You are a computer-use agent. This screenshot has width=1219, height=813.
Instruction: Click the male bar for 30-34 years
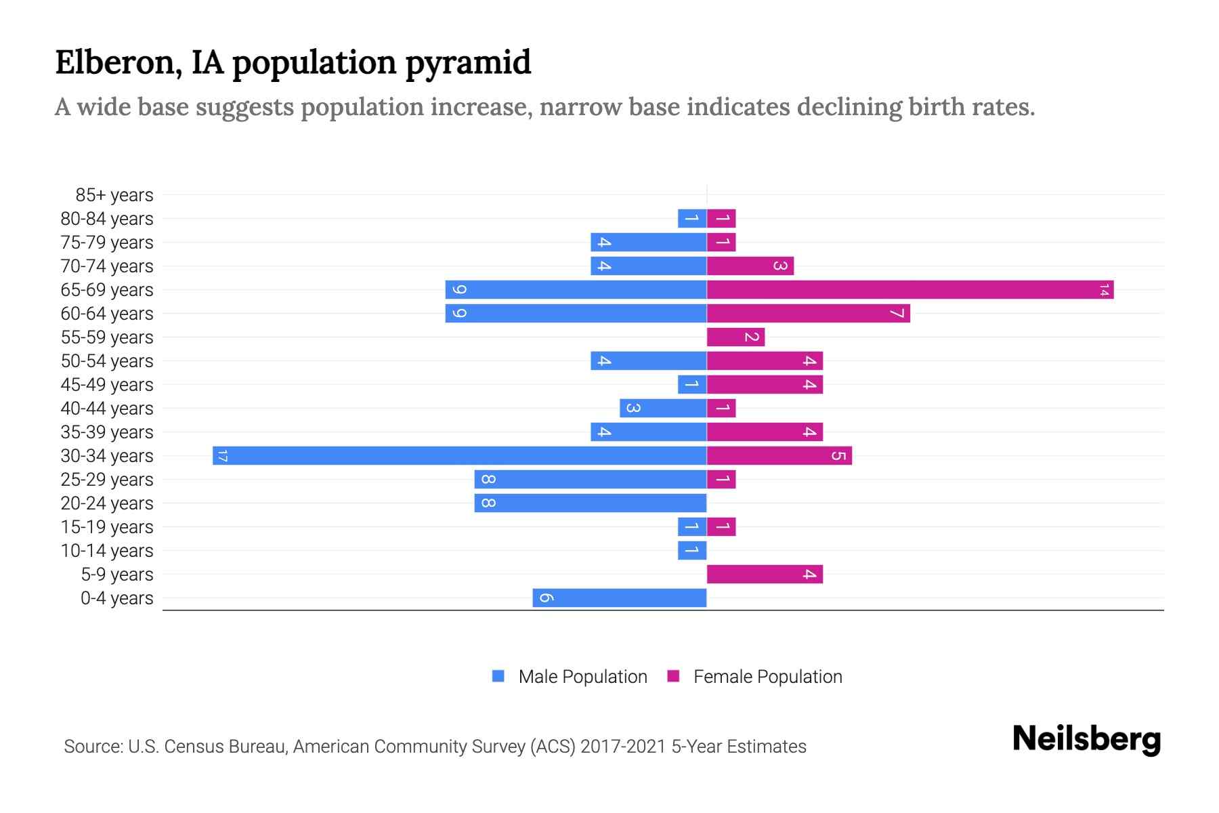[459, 455]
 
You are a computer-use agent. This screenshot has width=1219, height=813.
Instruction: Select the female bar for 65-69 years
[910, 290]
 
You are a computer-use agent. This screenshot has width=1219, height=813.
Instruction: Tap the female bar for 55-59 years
[735, 337]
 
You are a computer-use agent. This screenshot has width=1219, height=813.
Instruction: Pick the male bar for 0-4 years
[619, 598]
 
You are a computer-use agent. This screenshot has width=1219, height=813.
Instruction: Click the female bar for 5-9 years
[765, 575]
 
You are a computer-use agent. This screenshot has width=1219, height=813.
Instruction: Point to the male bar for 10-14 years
[692, 551]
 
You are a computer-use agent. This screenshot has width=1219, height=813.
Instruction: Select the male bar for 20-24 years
[590, 503]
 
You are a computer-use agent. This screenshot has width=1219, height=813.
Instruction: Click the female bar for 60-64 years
[808, 314]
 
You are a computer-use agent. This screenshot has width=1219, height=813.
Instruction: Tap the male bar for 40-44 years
[663, 409]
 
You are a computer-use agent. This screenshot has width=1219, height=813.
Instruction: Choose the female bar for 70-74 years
[750, 266]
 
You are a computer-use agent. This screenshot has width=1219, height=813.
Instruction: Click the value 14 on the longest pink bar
[1104, 291]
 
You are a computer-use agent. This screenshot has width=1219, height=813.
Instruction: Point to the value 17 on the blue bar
[222, 456]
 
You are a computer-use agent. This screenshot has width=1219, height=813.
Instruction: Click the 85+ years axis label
[114, 195]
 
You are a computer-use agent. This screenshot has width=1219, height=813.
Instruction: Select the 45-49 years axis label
[107, 385]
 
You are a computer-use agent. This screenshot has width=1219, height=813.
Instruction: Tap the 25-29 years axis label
[107, 480]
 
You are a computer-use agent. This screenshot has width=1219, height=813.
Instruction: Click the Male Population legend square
[498, 676]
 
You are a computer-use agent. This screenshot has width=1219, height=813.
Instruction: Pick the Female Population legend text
[767, 677]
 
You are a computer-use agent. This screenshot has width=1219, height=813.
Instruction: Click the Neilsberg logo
[1086, 739]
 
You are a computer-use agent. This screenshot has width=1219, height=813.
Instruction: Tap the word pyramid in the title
[468, 63]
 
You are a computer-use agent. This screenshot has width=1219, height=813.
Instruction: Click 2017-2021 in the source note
[623, 747]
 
